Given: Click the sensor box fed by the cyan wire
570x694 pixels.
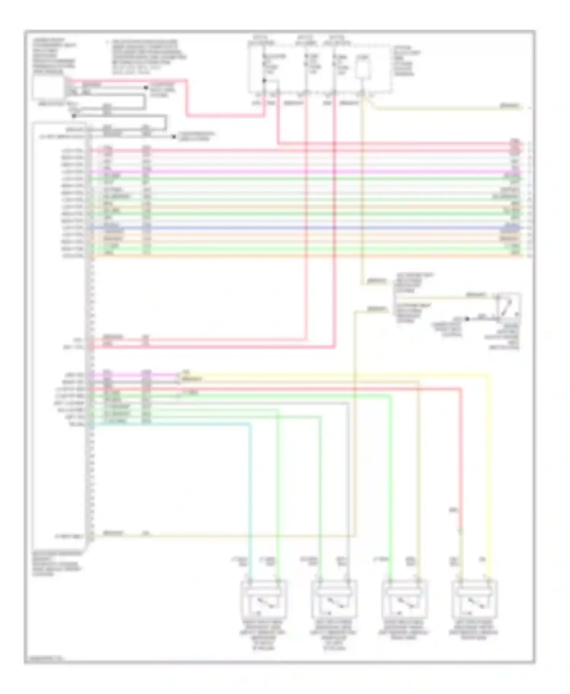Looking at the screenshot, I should pyautogui.click(x=264, y=599).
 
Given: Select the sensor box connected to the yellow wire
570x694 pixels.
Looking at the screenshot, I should pyautogui.click(x=474, y=599).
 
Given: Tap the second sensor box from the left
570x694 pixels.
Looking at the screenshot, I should pyautogui.click(x=334, y=599).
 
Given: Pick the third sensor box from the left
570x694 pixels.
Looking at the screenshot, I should pyautogui.click(x=404, y=599).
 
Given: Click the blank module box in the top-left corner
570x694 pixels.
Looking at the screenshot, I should pyautogui.click(x=48, y=87).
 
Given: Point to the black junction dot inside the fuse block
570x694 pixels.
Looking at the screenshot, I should pyautogui.click(x=264, y=80).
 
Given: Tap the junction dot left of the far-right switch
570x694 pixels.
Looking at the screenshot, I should pyautogui.click(x=467, y=319).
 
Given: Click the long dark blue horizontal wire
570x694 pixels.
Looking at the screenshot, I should pyautogui.click(x=304, y=228).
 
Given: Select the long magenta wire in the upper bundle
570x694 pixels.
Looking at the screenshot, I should pyautogui.click(x=304, y=172).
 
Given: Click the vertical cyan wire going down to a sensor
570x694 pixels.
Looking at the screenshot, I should pyautogui.click(x=250, y=494).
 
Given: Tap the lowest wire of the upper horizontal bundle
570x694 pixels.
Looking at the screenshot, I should pyautogui.click(x=304, y=256).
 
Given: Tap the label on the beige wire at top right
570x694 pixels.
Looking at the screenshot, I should pyautogui.click(x=509, y=106).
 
